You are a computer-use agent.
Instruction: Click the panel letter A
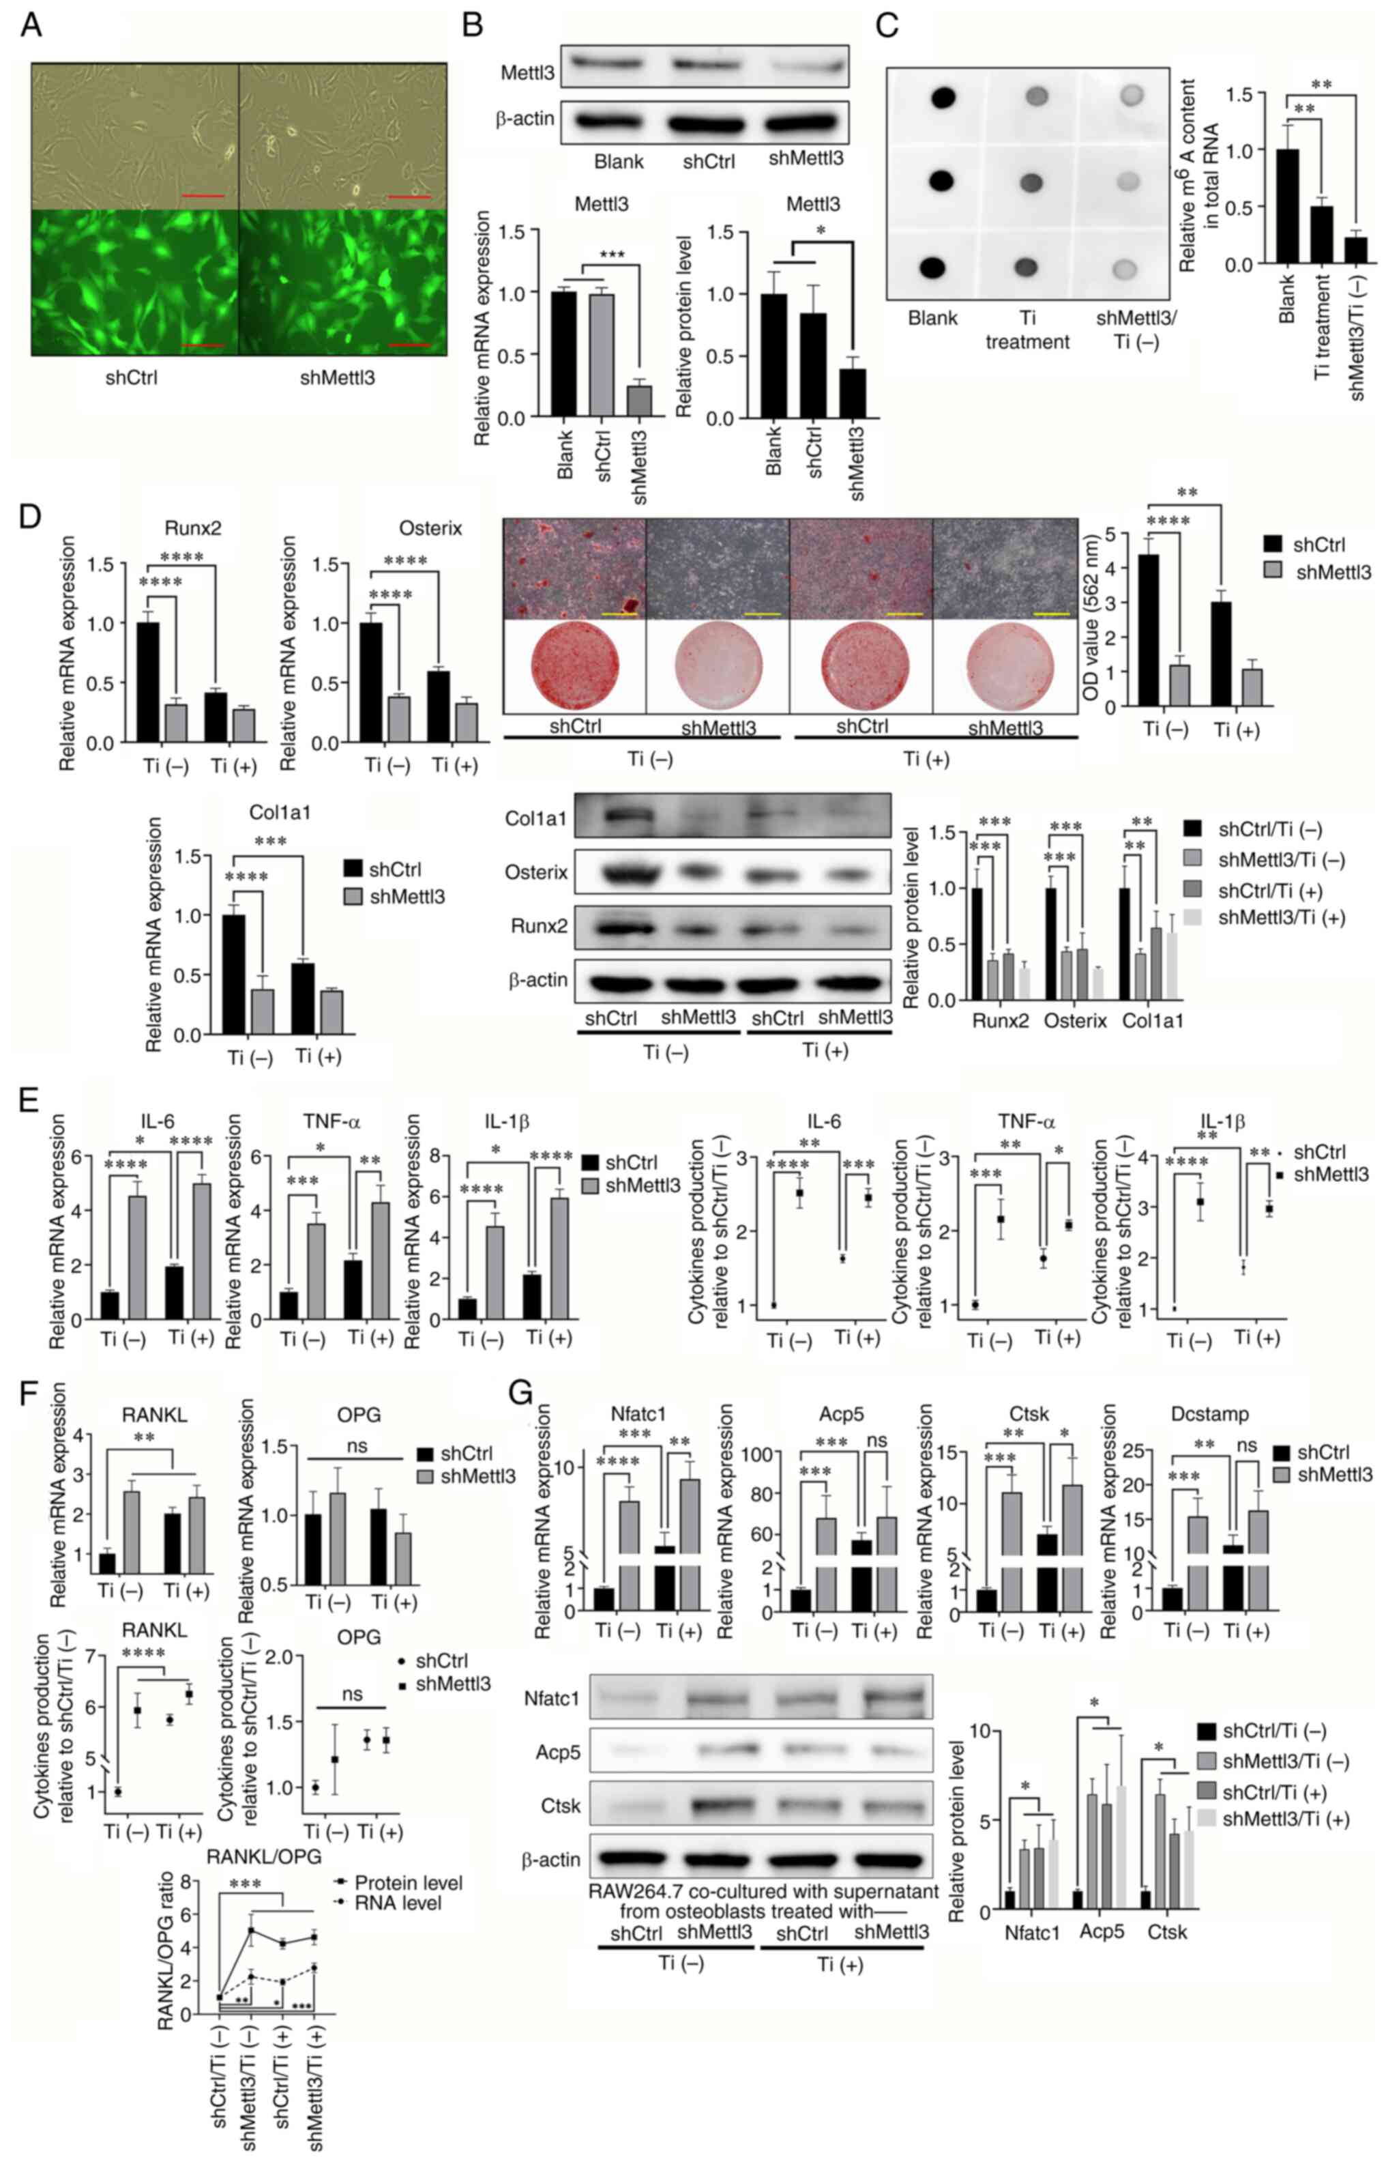tap(31, 25)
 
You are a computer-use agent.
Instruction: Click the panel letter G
tap(522, 1395)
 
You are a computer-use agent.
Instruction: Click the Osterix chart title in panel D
tap(430, 528)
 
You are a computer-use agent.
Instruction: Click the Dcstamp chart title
tap(1209, 1415)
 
